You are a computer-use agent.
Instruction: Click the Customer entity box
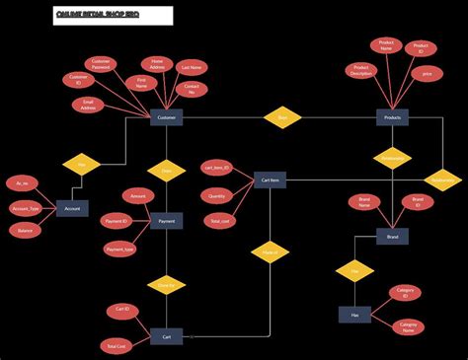166,118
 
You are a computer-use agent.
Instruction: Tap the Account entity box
72,209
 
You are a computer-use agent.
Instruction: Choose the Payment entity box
166,221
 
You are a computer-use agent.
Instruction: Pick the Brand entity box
392,237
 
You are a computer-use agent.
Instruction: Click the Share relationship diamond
281,117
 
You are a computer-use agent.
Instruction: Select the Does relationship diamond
166,171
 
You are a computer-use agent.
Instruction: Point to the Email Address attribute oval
89,105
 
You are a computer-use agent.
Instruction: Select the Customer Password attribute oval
102,64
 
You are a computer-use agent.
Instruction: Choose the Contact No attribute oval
192,90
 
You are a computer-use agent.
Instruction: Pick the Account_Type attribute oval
26,209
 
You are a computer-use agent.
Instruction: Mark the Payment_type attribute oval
120,250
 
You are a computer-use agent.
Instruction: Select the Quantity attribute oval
216,195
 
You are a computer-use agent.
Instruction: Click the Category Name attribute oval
408,326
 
